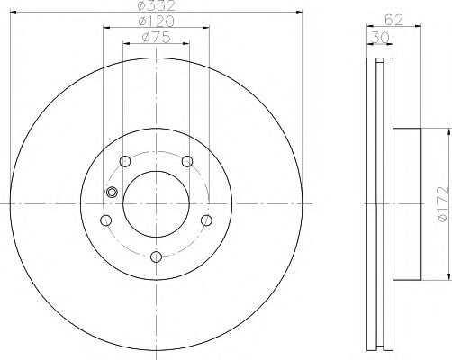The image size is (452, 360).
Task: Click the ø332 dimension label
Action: pyautogui.click(x=156, y=6)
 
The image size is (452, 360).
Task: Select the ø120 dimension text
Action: pyautogui.click(x=156, y=22)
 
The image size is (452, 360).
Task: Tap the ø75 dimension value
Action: pyautogui.click(x=157, y=37)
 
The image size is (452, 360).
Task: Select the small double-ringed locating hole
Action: pyautogui.click(x=112, y=192)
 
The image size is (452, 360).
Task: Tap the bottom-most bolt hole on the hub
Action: pyautogui.click(x=156, y=257)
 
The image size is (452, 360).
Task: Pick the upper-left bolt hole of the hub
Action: pyautogui.click(x=125, y=162)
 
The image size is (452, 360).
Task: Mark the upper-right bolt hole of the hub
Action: pyautogui.click(x=187, y=162)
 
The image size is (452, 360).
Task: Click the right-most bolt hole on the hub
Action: pyautogui.click(x=206, y=220)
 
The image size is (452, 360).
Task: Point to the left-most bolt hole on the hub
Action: pyautogui.click(x=106, y=220)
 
